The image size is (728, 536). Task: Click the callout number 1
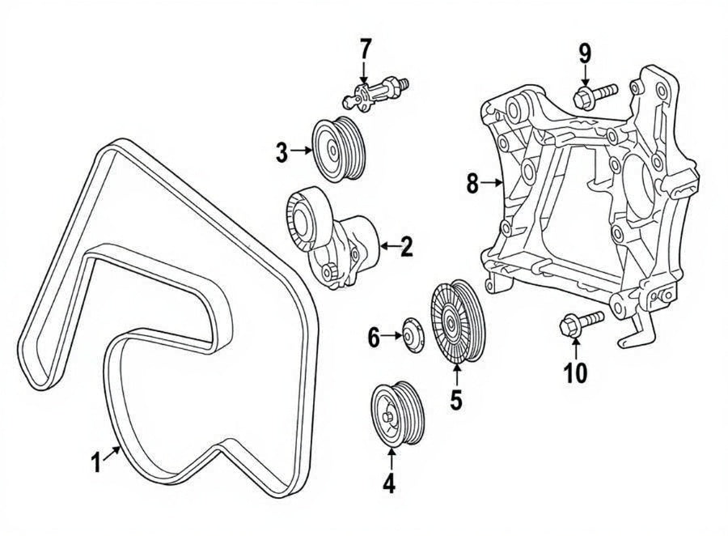96,463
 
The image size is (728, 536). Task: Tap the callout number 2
406,246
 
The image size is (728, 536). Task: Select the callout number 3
281,151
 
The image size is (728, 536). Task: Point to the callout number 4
389,483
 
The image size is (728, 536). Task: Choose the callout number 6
374,337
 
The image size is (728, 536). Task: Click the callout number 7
365,50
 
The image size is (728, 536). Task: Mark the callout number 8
473,184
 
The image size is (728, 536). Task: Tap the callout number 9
584,54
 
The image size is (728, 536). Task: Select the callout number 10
575,372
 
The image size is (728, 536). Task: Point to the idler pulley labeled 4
397,414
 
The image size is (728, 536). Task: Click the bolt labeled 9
595,94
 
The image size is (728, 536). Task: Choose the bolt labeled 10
578,322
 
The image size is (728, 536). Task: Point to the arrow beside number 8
492,184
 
